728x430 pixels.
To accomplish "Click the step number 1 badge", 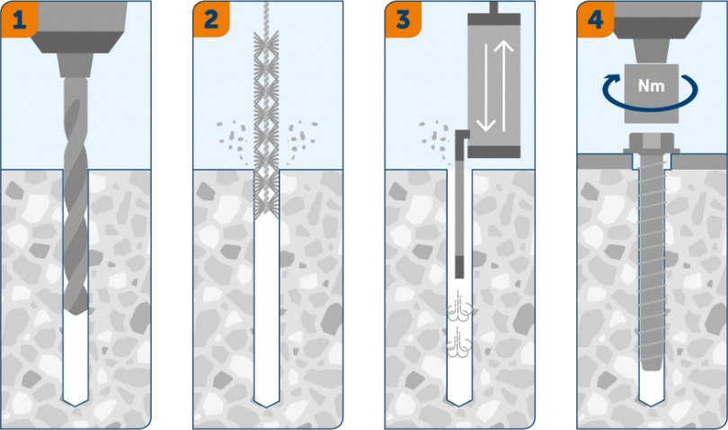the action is coord(19,20).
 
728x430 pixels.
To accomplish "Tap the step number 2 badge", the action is coord(211,20).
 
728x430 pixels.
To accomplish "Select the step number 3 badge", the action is coord(403,20).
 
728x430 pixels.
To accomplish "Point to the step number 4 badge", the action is coord(595,20).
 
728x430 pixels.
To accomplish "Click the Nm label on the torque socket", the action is coord(651,86).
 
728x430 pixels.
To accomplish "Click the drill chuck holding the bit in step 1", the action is coord(75,65).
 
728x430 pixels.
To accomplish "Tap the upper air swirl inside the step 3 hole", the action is coord(459,307).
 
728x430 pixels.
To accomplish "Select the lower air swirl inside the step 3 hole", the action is coord(459,343).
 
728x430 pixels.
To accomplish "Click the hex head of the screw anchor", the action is coord(651,142).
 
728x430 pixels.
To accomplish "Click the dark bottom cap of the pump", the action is coord(493,152).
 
